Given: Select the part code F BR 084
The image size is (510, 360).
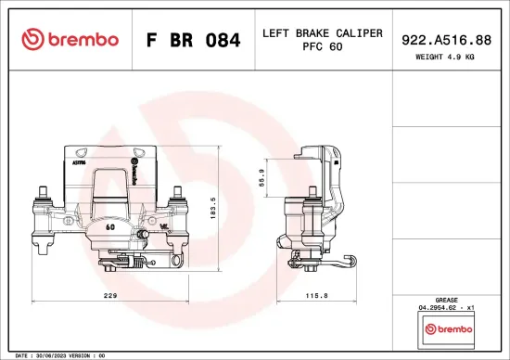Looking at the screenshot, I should click(194, 40).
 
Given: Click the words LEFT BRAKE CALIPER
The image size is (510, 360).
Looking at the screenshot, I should click(323, 32).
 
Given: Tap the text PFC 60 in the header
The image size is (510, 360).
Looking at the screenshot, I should click(323, 47).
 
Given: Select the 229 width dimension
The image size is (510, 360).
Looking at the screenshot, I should click(109, 296).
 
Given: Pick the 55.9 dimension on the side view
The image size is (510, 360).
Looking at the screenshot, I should click(262, 176).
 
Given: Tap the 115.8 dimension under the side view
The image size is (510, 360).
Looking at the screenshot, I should click(317, 296).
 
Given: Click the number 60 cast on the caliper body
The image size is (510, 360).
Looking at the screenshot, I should click(109, 225).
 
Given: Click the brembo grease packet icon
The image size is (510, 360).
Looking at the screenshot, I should click(448, 328).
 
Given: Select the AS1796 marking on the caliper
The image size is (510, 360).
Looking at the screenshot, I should click(79, 161).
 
